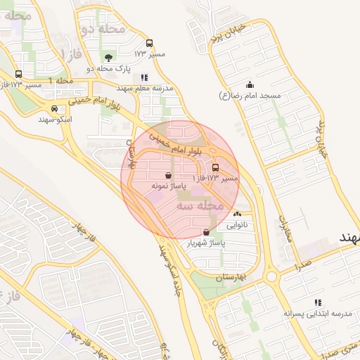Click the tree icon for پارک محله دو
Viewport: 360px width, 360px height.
108,58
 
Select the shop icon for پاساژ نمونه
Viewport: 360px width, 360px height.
167,176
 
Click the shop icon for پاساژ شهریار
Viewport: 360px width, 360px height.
205,232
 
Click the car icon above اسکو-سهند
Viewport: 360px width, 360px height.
54,109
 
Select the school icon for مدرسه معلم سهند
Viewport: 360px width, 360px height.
144,77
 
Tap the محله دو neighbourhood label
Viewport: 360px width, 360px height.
103,30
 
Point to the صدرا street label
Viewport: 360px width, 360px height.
304,266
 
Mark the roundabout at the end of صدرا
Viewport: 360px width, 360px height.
271,276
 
